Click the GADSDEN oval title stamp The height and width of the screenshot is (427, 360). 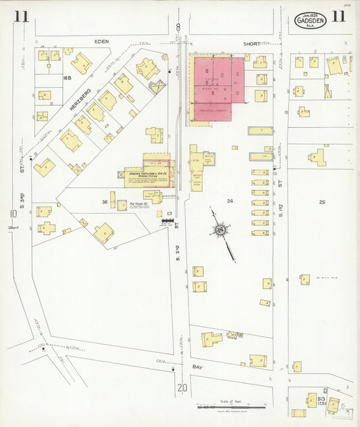(310, 20)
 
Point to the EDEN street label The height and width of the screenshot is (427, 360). (102, 42)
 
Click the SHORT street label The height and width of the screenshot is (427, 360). (252, 43)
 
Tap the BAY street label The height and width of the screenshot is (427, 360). (197, 367)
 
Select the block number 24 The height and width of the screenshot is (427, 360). (230, 201)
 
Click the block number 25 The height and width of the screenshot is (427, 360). (322, 201)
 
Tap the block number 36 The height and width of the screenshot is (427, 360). (105, 201)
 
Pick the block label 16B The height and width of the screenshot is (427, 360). (67, 79)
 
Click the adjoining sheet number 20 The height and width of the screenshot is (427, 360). (182, 388)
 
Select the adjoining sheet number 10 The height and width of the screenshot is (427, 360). (13, 214)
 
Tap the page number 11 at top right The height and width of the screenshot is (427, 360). (338, 18)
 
